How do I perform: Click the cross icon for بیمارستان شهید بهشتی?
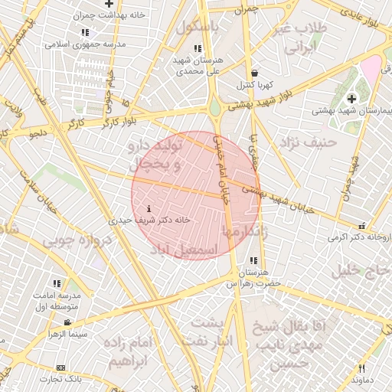[351, 99]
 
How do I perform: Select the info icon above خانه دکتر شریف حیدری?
[149, 207]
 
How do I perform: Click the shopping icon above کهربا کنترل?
[254, 73]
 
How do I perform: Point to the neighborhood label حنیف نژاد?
[308, 142]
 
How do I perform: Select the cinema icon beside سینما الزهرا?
[68, 322]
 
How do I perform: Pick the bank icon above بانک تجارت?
[60, 367]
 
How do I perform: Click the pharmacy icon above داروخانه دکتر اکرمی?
[361, 226]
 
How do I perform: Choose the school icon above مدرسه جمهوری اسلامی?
[84, 32]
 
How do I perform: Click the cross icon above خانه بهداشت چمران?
[109, 4]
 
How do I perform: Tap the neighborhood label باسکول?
[198, 26]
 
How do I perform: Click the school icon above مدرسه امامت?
[57, 283]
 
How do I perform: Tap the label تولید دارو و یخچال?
[156, 153]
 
